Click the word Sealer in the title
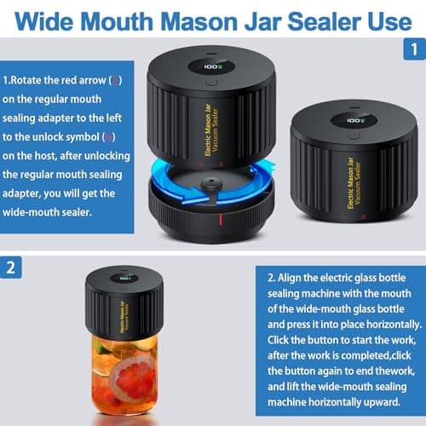coord(312,20)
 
